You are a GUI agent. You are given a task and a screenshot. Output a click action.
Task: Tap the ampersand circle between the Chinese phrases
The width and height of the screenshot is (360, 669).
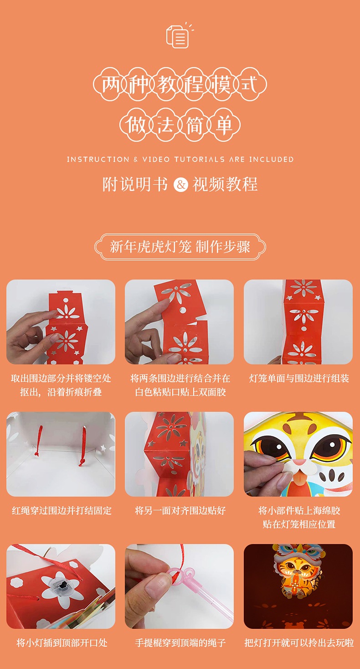tap(181, 184)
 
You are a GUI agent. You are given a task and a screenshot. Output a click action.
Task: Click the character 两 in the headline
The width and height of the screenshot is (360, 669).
tap(110, 84)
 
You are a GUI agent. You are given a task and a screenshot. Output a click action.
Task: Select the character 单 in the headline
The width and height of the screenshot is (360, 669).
tap(224, 124)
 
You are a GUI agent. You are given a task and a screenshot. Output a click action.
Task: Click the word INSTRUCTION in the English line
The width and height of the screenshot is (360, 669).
tap(98, 159)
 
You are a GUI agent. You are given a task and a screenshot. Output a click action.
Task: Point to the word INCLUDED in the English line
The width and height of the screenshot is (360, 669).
tap(271, 159)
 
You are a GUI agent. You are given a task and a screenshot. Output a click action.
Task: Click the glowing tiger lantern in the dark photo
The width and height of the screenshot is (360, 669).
tap(298, 571)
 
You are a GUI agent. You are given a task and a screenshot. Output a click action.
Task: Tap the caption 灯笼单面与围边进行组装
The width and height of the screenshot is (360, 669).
tap(299, 379)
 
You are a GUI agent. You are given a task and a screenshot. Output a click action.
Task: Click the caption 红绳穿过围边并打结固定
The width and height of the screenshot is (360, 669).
tap(62, 510)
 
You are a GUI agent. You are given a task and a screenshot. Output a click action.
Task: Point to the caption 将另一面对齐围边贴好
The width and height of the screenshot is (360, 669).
tap(180, 510)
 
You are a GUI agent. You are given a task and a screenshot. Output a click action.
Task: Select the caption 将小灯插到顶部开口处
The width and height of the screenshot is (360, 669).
tap(62, 643)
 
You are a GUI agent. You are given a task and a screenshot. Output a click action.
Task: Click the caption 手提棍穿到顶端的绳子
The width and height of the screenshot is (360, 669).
tap(180, 643)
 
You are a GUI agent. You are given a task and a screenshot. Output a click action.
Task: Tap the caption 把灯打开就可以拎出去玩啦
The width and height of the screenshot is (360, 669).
tap(299, 643)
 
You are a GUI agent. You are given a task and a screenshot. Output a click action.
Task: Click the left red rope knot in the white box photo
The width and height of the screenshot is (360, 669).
tap(37, 454)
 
